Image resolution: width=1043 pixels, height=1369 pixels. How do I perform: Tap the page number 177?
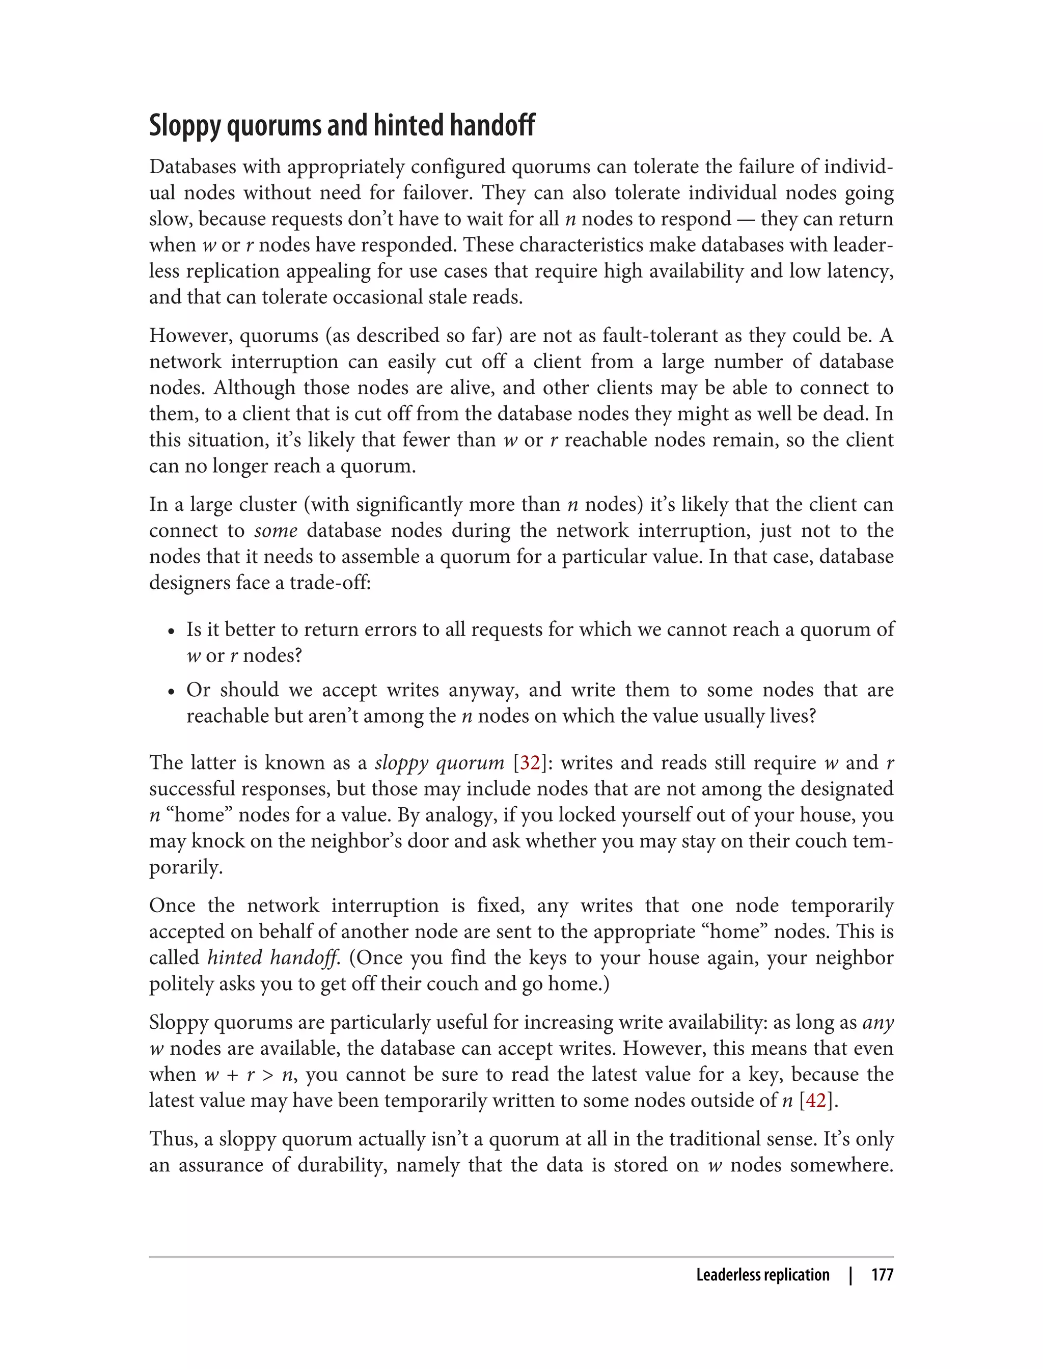click(882, 1275)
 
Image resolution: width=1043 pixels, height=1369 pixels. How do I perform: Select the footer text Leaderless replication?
click(762, 1275)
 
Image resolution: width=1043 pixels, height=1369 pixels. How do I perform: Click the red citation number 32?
click(530, 763)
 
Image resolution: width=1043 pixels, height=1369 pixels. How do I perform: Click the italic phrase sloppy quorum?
click(440, 763)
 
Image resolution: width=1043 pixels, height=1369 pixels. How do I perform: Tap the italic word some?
click(276, 531)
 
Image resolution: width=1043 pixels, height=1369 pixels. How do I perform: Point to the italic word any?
click(878, 1023)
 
